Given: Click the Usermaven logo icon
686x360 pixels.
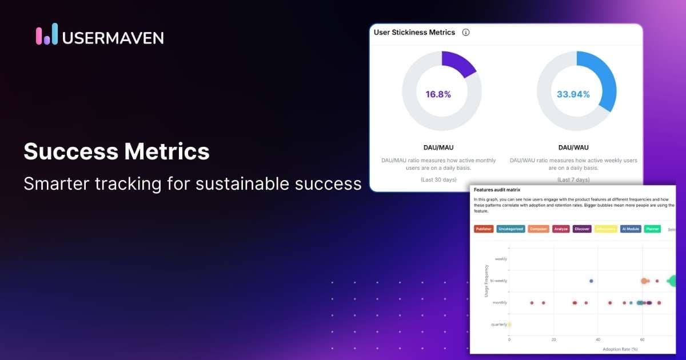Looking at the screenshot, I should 47,35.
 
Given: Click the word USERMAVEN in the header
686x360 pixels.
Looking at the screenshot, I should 113,38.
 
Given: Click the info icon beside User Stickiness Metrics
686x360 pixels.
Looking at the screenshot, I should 465,33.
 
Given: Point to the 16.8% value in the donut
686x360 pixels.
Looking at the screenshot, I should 438,94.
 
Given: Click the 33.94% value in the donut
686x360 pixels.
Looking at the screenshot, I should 573,94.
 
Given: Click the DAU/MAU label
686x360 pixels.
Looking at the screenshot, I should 438,147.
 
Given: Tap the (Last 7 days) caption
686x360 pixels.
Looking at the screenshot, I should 573,179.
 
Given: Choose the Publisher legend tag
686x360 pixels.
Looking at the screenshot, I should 484,229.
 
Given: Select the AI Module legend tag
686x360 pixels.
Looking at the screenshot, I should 630,229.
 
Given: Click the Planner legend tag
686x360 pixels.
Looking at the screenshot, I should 652,229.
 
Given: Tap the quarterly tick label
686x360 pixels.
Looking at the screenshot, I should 498,325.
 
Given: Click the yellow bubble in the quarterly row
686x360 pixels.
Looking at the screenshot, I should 509,325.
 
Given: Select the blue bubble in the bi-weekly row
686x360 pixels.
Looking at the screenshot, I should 591,281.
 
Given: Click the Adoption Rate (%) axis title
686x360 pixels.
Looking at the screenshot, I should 620,349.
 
